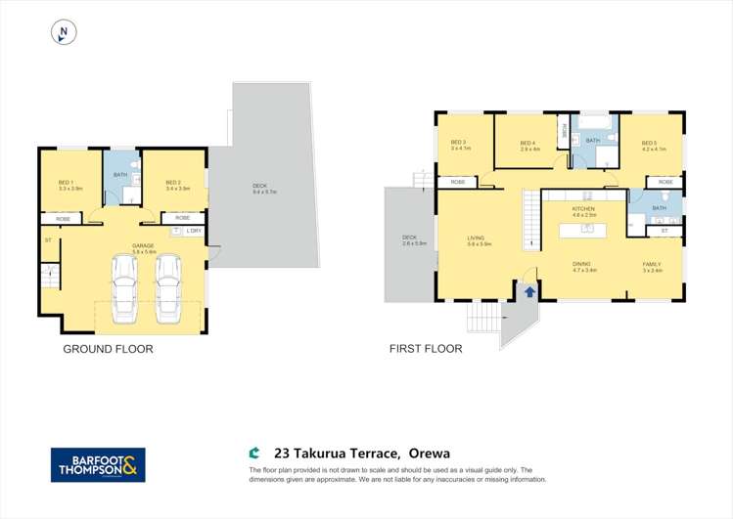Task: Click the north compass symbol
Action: coord(64,33)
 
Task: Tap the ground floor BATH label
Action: coord(120,175)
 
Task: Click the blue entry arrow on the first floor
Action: coord(529,290)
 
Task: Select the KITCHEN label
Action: coord(583,209)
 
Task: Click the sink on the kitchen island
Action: coord(586,230)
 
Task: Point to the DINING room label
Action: coord(584,264)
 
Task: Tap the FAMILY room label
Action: coord(652,264)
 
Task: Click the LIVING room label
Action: coord(477,237)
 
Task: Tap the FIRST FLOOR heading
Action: coord(425,349)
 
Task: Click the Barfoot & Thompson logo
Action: coord(98,465)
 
